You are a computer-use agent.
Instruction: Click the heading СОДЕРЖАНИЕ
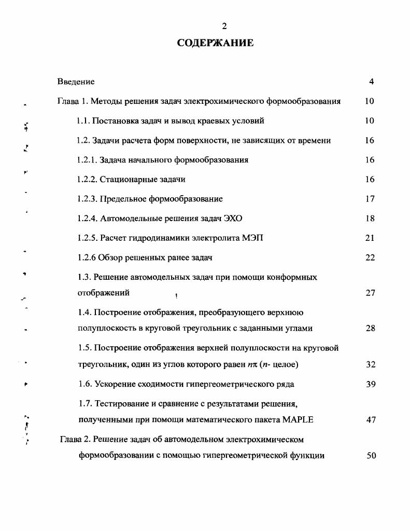click(215, 43)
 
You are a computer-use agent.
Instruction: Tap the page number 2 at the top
click(224, 26)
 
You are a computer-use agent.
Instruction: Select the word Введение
click(76, 81)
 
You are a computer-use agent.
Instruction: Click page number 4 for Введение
click(371, 81)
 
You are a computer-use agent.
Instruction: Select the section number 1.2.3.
click(87, 199)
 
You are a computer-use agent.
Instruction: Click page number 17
click(370, 199)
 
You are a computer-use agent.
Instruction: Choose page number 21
click(370, 238)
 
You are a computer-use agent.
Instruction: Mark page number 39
click(370, 385)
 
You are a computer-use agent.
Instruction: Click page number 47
click(370, 420)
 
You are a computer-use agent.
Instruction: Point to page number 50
click(370, 456)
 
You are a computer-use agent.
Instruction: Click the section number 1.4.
click(83, 312)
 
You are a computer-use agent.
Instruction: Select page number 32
click(370, 365)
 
